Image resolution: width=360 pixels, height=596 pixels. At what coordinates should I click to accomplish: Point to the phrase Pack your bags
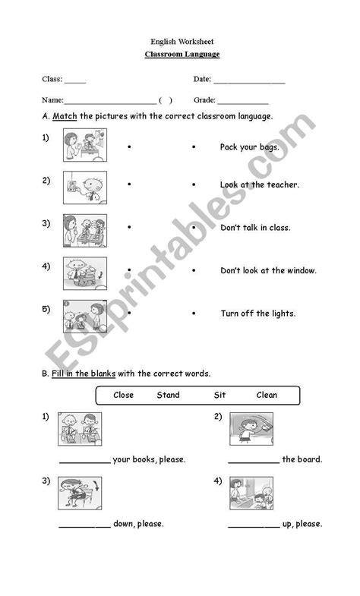(x=249, y=147)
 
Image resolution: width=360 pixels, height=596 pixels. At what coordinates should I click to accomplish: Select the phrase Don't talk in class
(x=255, y=227)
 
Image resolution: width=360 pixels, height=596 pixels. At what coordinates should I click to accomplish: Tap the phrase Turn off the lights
(x=258, y=313)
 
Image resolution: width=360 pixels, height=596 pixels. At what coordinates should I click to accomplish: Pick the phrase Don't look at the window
(x=268, y=270)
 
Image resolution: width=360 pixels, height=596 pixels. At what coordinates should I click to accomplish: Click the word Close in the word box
(x=123, y=395)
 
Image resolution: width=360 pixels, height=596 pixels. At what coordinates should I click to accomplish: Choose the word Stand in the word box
(x=168, y=395)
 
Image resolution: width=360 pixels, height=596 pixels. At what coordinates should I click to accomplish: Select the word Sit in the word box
(x=220, y=395)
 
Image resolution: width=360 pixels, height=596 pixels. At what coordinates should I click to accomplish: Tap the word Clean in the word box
(x=267, y=395)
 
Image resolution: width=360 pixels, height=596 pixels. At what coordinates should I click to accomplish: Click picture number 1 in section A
(x=85, y=145)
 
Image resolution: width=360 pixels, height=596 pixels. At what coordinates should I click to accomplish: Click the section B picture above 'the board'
(x=251, y=430)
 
